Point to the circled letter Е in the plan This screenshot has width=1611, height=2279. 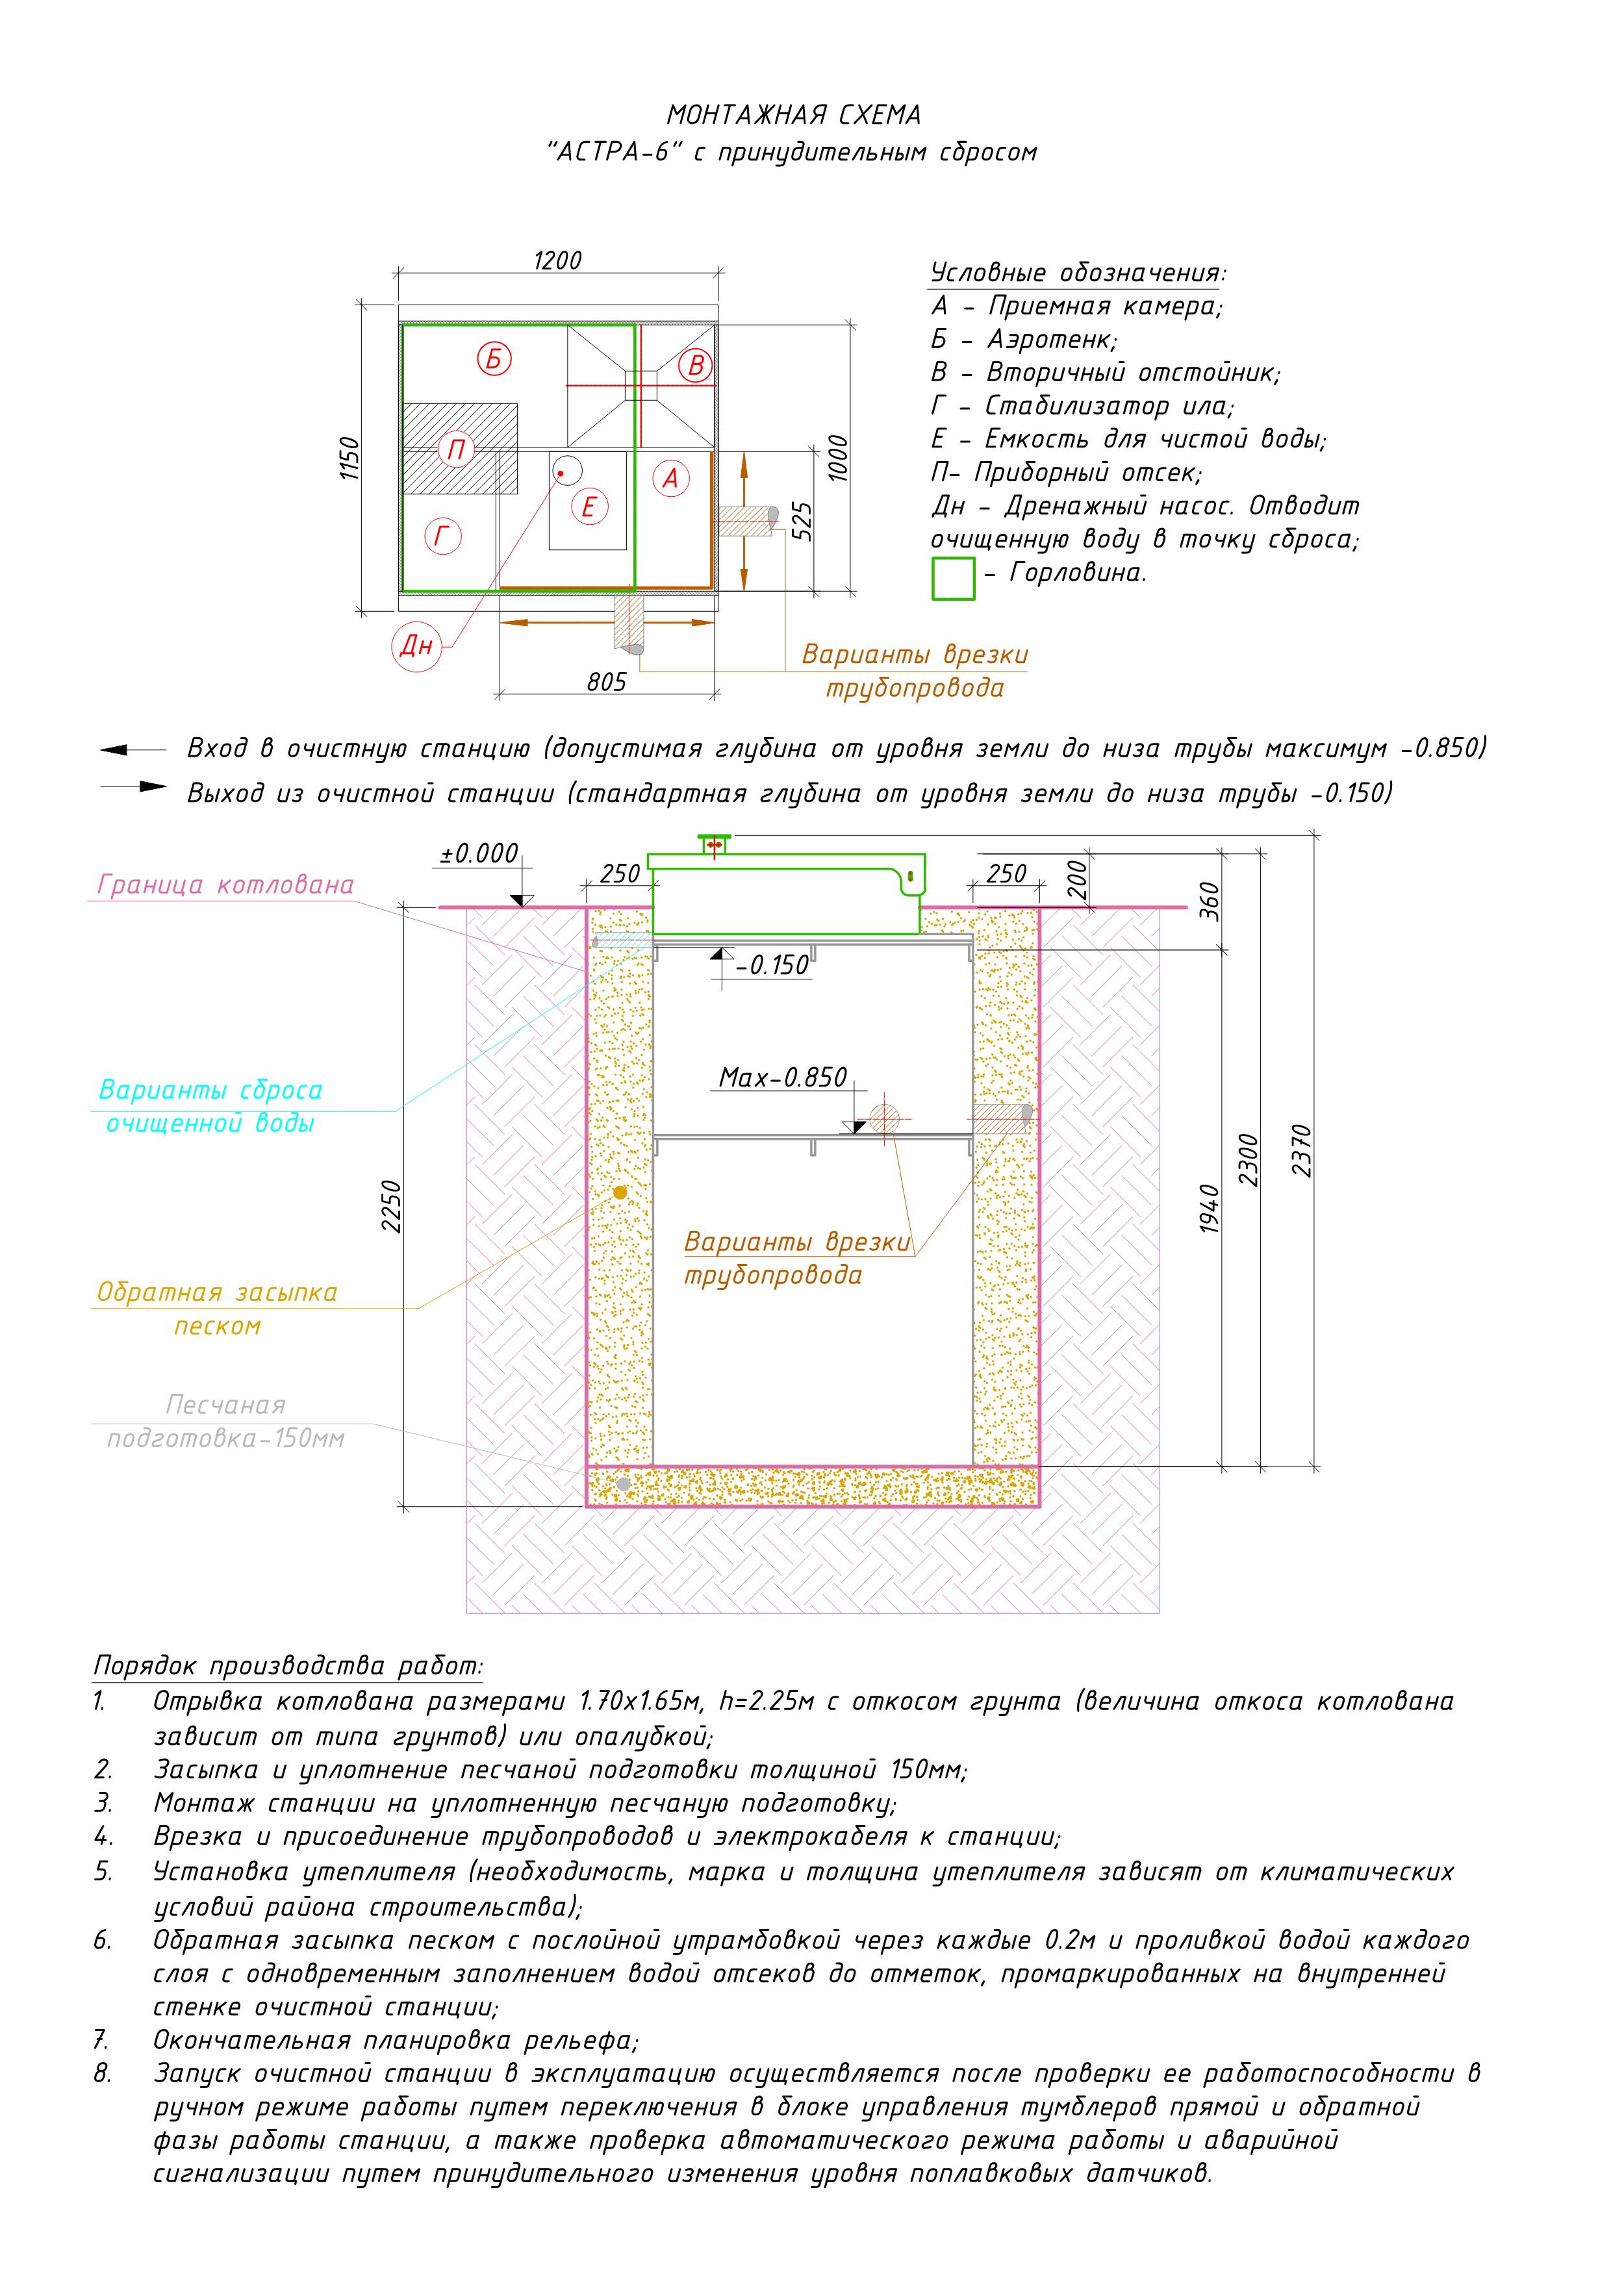click(588, 507)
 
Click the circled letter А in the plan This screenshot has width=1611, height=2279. click(670, 479)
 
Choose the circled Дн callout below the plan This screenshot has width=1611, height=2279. click(416, 646)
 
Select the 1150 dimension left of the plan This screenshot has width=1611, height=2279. click(348, 459)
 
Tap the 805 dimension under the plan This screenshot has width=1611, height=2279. click(607, 682)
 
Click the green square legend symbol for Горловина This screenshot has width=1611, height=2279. click(953, 579)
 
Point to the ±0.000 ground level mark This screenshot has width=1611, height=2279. click(479, 853)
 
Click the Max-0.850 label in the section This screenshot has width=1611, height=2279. click(783, 1077)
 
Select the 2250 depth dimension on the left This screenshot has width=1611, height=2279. click(392, 1206)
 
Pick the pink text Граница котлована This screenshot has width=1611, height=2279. click(225, 885)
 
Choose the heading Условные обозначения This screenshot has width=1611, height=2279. click(1078, 273)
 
